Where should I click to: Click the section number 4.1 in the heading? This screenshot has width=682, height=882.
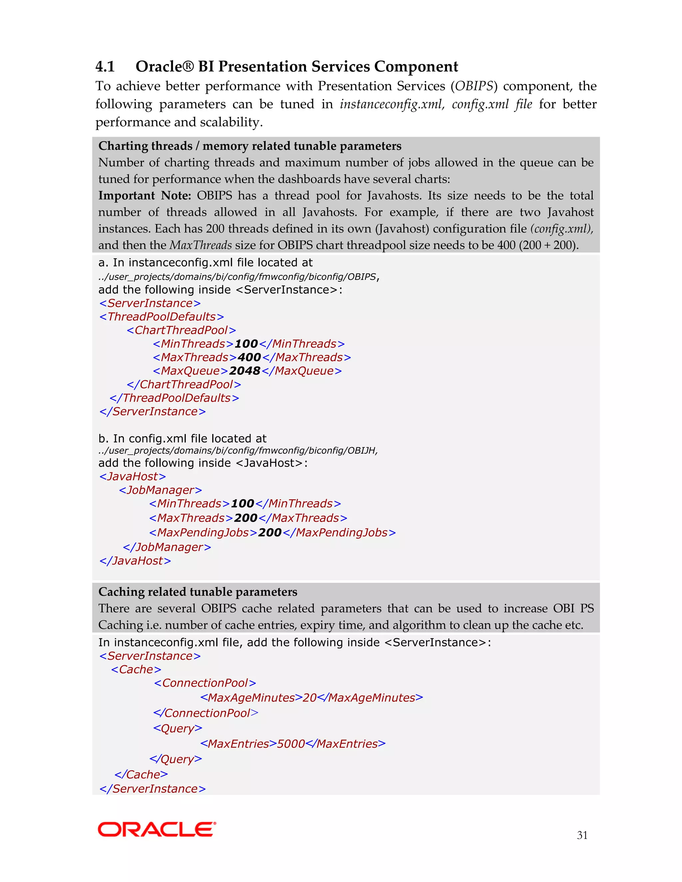105,67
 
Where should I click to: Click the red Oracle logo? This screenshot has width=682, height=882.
157,829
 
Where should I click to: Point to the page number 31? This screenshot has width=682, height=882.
582,835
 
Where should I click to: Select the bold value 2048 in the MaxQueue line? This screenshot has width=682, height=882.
244,371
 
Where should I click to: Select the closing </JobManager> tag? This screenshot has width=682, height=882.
167,547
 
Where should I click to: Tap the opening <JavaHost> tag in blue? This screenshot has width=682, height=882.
133,477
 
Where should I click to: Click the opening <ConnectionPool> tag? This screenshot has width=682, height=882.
205,683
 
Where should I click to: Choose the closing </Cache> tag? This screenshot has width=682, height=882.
141,774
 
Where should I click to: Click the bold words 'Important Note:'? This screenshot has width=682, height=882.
145,196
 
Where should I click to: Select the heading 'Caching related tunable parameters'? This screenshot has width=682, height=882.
197,592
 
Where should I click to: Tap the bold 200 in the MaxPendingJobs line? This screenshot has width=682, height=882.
269,533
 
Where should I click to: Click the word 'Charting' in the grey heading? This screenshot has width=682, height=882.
125,146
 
